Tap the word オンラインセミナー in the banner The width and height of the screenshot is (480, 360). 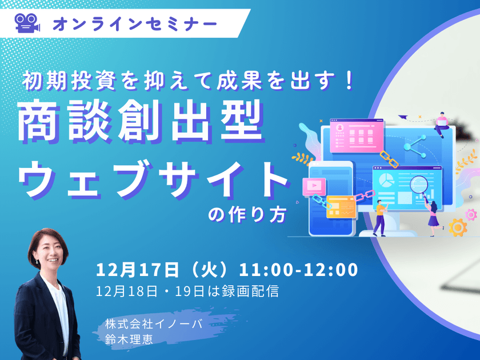pyautogui.click(x=135, y=23)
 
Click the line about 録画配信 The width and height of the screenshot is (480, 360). pyautogui.click(x=188, y=291)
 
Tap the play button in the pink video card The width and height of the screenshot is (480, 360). pyautogui.click(x=314, y=186)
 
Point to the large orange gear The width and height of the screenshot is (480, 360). pyautogui.click(x=457, y=227)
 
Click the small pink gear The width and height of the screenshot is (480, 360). pyautogui.click(x=471, y=214)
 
